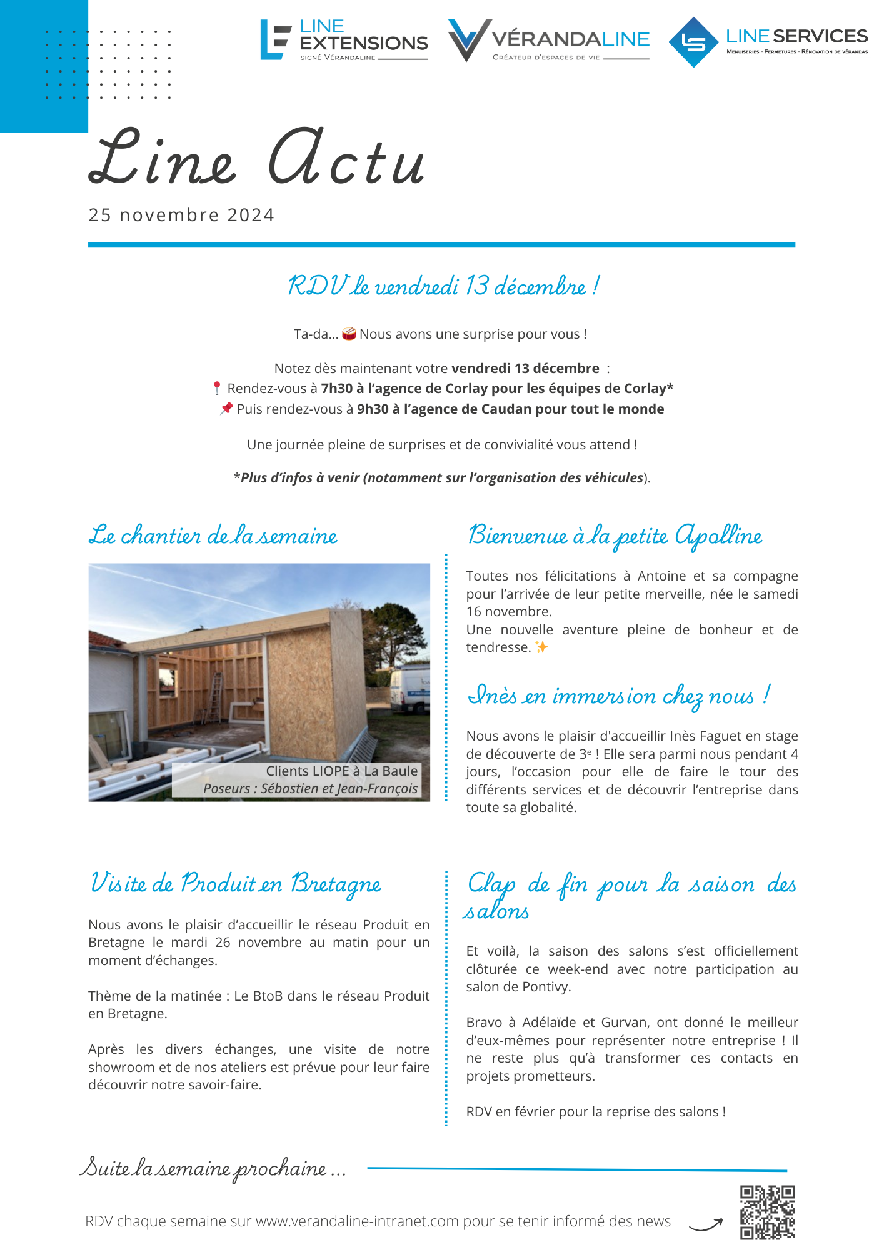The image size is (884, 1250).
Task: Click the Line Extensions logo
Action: [x=344, y=40]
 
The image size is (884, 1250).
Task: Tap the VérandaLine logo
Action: [x=548, y=40]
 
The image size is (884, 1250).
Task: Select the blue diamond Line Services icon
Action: [x=693, y=42]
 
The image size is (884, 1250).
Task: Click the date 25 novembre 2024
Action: [x=181, y=215]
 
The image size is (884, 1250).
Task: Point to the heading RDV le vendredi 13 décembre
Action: [x=443, y=286]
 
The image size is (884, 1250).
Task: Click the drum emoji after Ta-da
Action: [x=349, y=334]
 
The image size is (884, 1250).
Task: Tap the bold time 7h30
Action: [x=336, y=389]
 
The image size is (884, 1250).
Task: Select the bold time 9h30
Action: [x=373, y=409]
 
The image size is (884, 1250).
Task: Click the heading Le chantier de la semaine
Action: [x=213, y=536]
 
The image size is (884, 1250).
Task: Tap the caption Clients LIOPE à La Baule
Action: [x=341, y=771]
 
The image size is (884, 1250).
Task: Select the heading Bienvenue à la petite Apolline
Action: [x=615, y=536]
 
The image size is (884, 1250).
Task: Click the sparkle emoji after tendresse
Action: [x=541, y=647]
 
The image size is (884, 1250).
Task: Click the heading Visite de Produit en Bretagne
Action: [x=236, y=884]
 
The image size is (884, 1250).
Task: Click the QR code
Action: [x=767, y=1212]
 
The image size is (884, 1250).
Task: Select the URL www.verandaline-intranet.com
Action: [x=357, y=1221]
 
